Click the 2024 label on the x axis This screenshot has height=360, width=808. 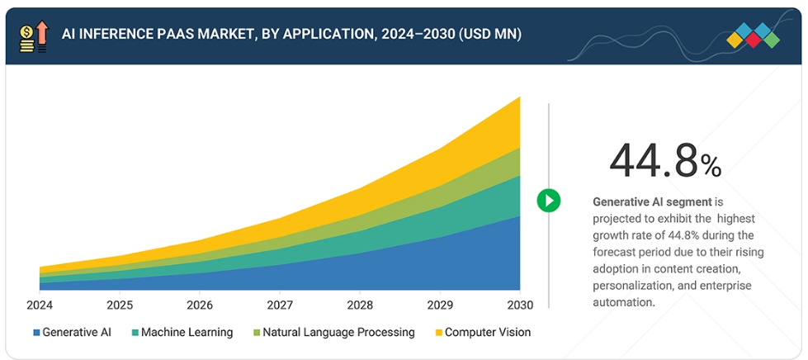[x=40, y=305]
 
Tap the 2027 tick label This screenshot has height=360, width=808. [x=280, y=305]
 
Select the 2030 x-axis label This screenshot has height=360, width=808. [x=519, y=305]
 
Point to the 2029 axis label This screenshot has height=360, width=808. [x=440, y=305]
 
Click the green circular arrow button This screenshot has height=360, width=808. [x=548, y=200]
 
